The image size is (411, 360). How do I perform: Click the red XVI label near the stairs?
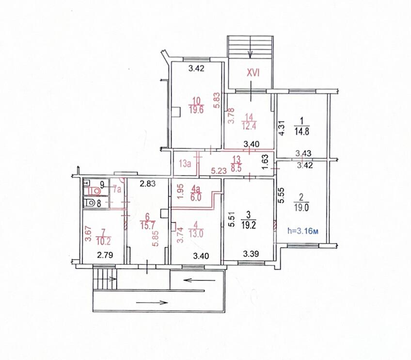(253, 73)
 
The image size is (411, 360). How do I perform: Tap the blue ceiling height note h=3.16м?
(303, 231)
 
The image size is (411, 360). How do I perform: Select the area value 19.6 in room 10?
(196, 109)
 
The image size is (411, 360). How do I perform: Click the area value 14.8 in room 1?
(301, 131)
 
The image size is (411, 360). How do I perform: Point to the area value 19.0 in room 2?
(301, 208)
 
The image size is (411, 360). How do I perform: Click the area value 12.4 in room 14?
(248, 126)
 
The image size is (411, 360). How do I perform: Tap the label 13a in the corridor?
(185, 164)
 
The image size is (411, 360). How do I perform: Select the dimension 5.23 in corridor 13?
(219, 171)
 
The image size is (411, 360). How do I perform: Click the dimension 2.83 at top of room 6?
(147, 184)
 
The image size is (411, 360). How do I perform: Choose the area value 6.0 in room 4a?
(196, 197)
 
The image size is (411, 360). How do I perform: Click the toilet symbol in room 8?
(90, 203)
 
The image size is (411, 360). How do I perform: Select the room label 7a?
(117, 189)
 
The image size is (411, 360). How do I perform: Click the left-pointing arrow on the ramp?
(200, 280)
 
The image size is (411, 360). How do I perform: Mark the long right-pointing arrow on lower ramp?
(152, 303)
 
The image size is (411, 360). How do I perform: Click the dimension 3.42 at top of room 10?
(196, 68)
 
